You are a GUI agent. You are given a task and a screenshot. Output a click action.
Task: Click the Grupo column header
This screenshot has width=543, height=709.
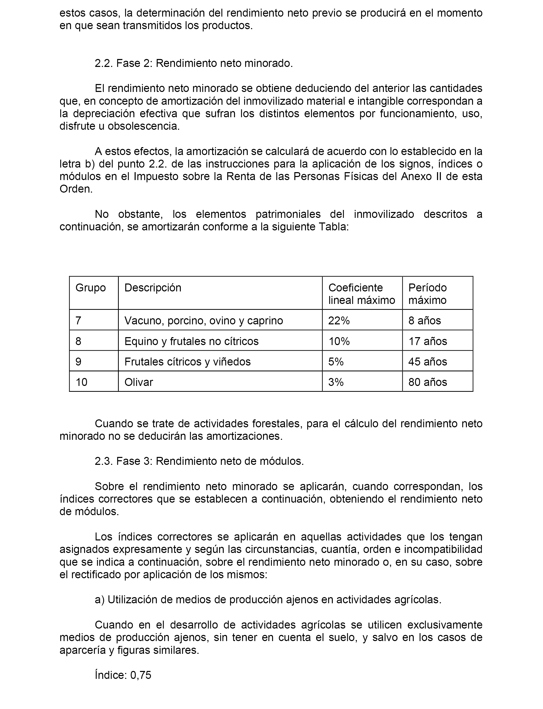tap(90, 288)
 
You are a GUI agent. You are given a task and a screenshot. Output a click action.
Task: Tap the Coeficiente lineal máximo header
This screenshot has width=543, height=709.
tap(361, 294)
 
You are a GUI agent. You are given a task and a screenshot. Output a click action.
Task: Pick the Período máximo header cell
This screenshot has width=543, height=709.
tap(427, 294)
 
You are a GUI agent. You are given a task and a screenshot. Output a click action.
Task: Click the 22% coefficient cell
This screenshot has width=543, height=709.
tap(339, 321)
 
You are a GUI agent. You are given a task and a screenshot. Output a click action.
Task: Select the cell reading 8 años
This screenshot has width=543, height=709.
tap(424, 321)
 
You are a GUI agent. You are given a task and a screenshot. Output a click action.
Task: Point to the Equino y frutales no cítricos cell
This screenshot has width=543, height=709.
tap(191, 341)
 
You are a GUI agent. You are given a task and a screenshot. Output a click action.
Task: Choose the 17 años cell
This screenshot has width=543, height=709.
tap(428, 341)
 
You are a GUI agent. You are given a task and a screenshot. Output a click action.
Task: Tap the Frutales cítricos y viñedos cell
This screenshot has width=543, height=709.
tap(187, 362)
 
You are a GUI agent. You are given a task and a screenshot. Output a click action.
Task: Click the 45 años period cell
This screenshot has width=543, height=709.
tap(428, 362)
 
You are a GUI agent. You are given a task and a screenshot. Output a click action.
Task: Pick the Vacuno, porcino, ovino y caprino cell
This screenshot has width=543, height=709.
tap(204, 321)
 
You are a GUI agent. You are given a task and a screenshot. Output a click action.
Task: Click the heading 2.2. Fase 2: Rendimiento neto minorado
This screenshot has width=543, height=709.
tap(194, 63)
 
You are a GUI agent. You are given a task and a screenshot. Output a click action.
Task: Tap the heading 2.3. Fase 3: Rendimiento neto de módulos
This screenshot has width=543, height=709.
tap(199, 461)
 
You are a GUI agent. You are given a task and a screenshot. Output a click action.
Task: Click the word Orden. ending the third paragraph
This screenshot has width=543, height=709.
tap(76, 189)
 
